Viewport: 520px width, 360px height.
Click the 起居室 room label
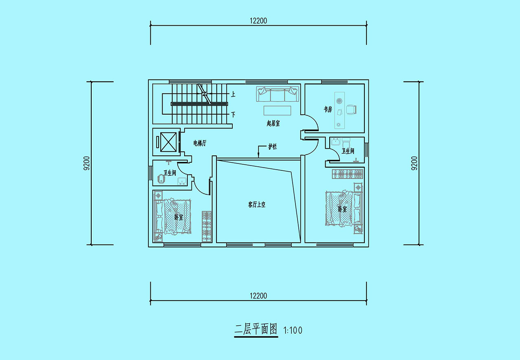[x=273, y=123]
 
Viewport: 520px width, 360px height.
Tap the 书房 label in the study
[x=328, y=109]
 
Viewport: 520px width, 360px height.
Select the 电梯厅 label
[x=200, y=143]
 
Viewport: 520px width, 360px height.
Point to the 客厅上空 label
[x=256, y=205]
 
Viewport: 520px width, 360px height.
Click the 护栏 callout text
[x=273, y=146]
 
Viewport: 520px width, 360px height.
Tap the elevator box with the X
[x=168, y=142]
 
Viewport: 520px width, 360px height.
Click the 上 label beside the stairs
[x=233, y=94]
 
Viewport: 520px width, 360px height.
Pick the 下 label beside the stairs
[x=233, y=115]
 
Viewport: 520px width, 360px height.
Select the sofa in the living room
[x=278, y=94]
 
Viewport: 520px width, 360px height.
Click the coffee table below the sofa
[x=277, y=110]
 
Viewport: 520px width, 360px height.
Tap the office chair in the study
[x=351, y=110]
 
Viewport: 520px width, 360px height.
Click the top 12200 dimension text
[x=258, y=21]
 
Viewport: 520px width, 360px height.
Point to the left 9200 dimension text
[x=86, y=163]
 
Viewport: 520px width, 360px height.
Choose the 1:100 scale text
[x=293, y=330]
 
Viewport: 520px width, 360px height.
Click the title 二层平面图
[x=256, y=329]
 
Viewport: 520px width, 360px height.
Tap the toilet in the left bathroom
[x=161, y=179]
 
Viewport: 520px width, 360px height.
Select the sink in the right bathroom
[x=335, y=141]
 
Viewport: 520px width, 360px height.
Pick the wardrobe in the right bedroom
[x=347, y=174]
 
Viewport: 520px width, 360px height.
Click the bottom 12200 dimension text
[x=258, y=296]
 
